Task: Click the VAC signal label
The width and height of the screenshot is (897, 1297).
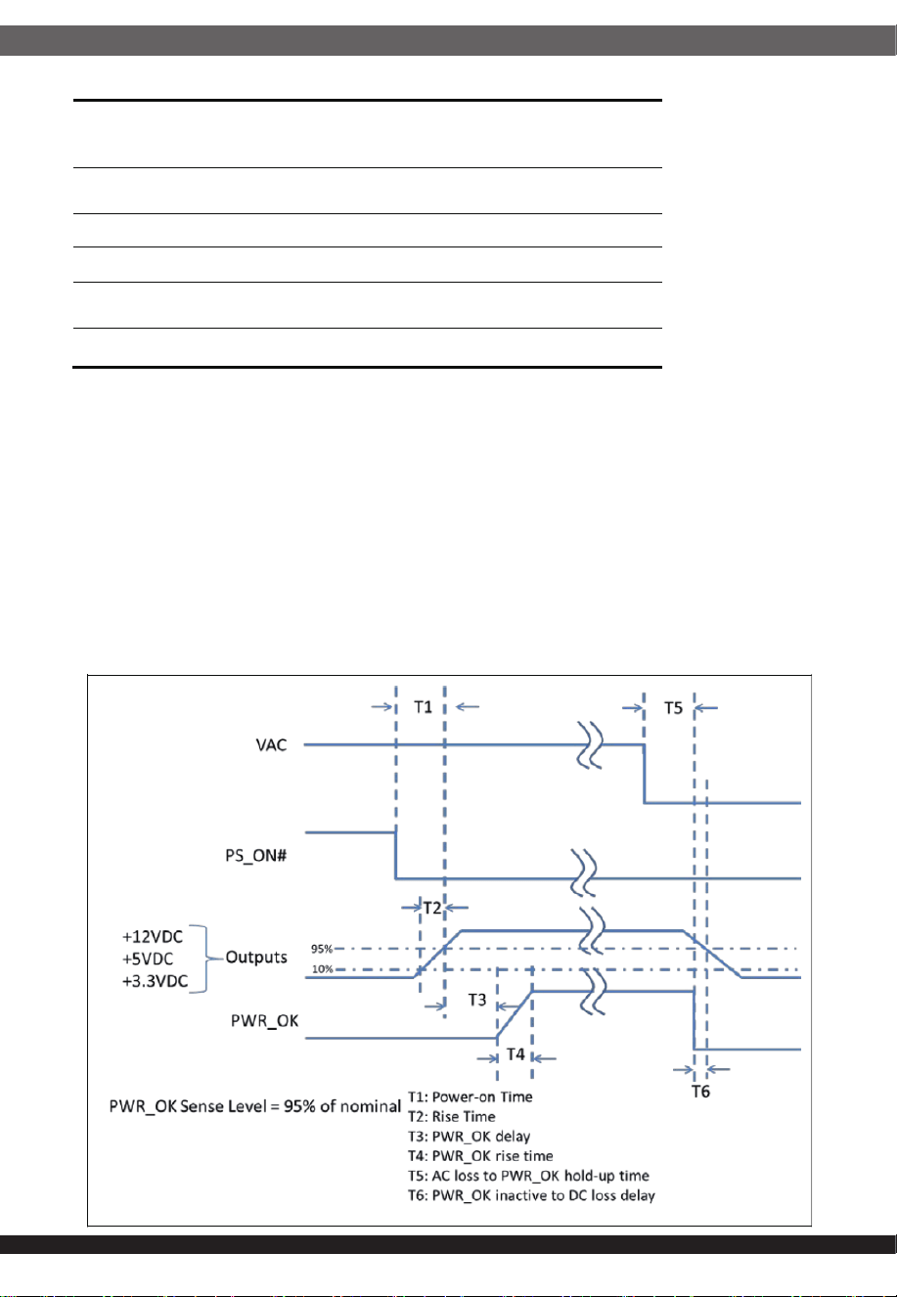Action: tap(271, 744)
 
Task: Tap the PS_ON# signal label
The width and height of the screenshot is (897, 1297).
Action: tap(256, 856)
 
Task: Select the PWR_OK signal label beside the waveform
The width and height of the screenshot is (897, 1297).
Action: tap(265, 1021)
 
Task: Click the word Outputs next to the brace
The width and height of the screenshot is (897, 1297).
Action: tap(256, 958)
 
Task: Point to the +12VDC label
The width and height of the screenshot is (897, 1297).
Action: tap(153, 937)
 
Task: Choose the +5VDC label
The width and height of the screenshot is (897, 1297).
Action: tap(148, 959)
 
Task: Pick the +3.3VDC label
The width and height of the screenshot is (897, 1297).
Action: tap(156, 981)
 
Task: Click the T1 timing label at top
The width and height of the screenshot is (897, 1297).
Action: tap(424, 707)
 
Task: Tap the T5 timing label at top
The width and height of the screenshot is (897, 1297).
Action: tap(673, 708)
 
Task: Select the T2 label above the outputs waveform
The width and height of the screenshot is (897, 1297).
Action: tap(432, 908)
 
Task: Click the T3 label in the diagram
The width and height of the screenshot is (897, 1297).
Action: tap(477, 1000)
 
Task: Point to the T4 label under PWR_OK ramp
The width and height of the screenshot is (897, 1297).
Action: tap(516, 1054)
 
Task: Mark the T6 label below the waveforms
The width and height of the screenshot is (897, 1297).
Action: tap(700, 1092)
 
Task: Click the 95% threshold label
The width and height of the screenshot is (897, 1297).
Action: tap(322, 949)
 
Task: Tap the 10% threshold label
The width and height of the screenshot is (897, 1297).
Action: tap(322, 968)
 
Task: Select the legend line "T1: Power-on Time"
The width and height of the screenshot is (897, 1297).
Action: tap(471, 1096)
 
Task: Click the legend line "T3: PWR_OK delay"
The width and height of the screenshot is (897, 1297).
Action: tap(470, 1136)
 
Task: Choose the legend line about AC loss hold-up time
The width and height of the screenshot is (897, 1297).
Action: tap(528, 1176)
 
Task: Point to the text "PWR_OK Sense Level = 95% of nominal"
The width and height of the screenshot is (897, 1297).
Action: tap(254, 1106)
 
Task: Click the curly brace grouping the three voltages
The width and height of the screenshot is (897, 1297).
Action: tap(206, 959)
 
